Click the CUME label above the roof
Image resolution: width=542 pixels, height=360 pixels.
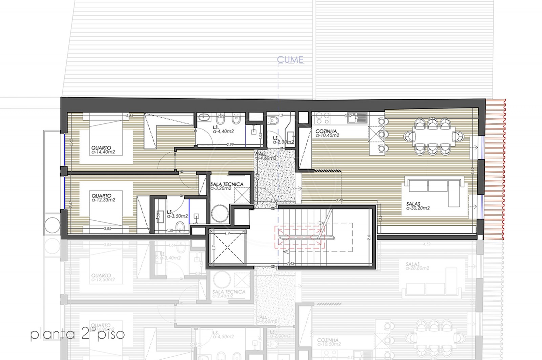[290, 60]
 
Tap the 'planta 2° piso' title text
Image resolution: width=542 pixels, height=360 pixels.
[77, 334]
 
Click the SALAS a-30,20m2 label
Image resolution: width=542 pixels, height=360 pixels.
[418, 206]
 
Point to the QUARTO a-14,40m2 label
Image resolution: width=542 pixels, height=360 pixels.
[103, 150]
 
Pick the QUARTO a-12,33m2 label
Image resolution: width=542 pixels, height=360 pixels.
[103, 198]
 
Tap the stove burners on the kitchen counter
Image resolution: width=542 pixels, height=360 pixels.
[322, 118]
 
